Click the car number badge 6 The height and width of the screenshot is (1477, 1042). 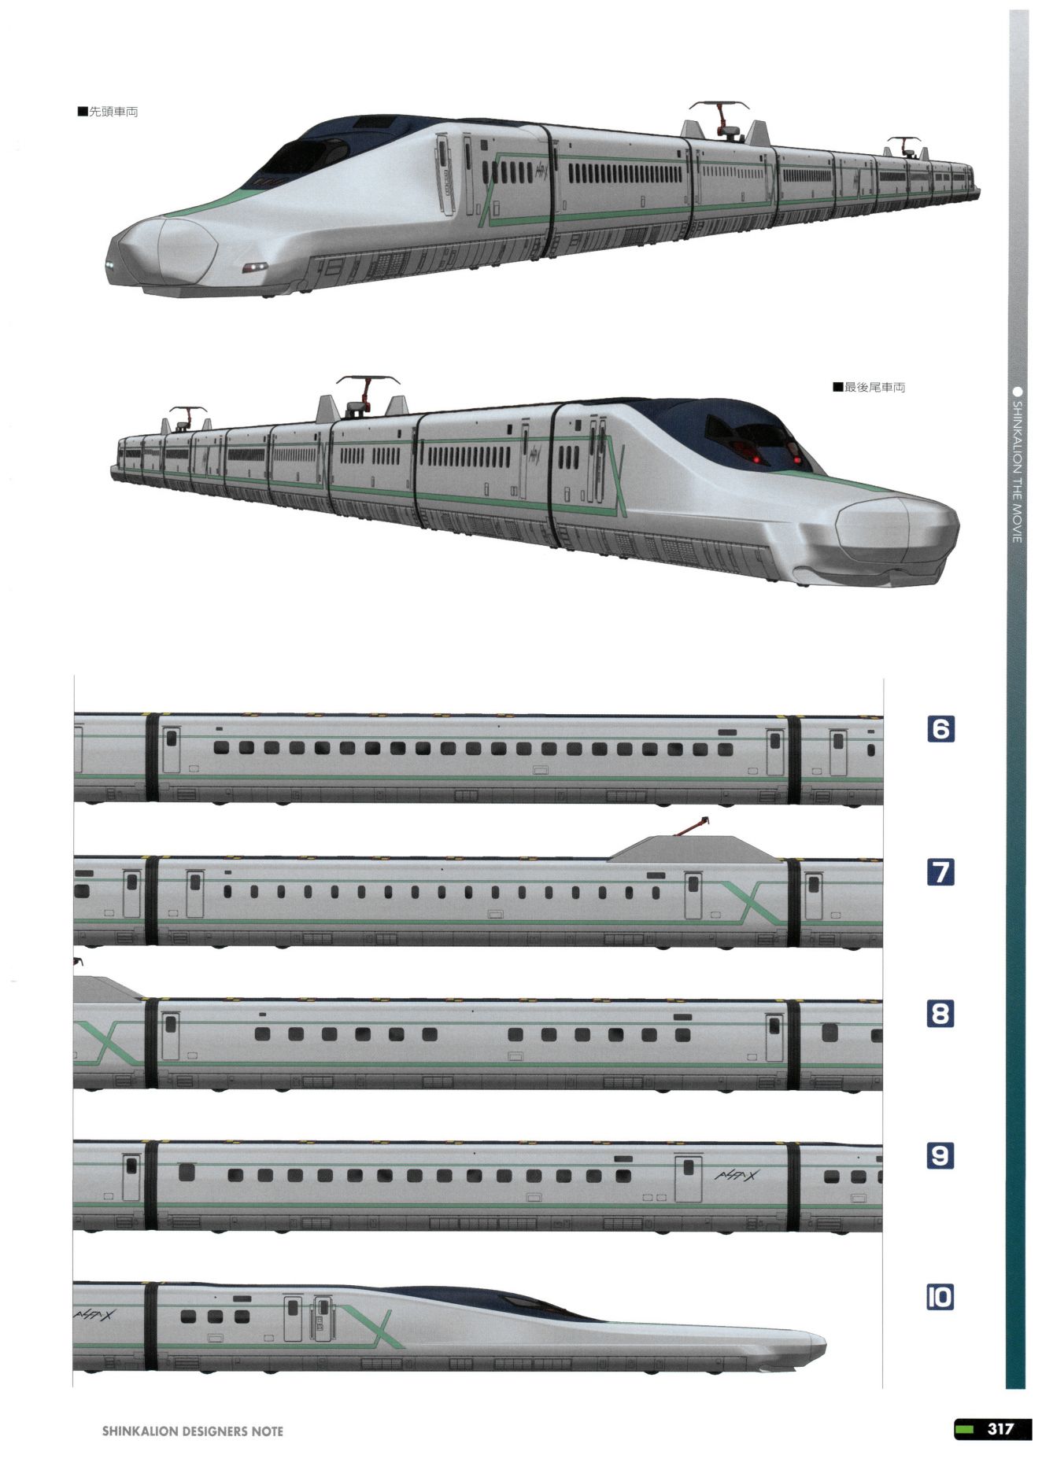pyautogui.click(x=940, y=729)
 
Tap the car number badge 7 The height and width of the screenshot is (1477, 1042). pyautogui.click(x=940, y=871)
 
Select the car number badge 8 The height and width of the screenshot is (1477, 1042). pyautogui.click(x=940, y=1014)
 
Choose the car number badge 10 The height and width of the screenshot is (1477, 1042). pyautogui.click(x=940, y=1297)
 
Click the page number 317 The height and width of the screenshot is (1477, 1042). pyautogui.click(x=1000, y=1428)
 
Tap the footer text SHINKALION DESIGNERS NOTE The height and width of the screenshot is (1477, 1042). pyautogui.click(x=192, y=1431)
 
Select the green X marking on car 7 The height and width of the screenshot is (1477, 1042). pyautogui.click(x=754, y=901)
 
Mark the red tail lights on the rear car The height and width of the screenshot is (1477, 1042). pyautogui.click(x=775, y=456)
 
